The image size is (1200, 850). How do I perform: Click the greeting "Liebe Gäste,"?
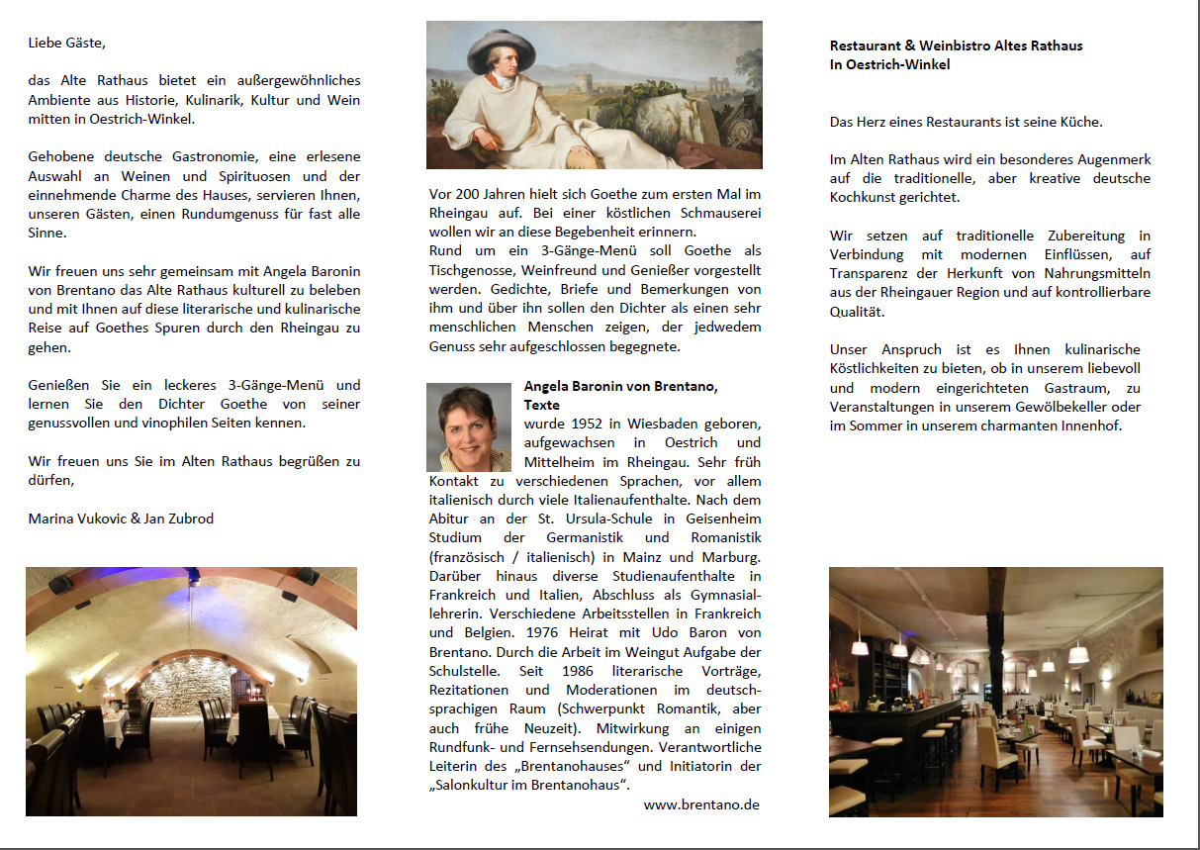(x=66, y=43)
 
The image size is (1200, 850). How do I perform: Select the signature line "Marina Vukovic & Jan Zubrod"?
(x=121, y=519)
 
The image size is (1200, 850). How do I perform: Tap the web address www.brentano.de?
(x=701, y=804)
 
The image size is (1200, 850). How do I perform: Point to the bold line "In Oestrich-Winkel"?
(x=889, y=64)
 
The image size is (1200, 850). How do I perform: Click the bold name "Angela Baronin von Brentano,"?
(x=620, y=386)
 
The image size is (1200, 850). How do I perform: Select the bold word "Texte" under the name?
(x=541, y=405)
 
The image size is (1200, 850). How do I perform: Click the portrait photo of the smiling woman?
(x=469, y=427)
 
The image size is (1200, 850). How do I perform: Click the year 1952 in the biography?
(x=582, y=424)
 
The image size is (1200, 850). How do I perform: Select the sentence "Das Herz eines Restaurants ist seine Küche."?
(x=966, y=123)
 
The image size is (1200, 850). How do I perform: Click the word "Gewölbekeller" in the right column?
(x=1096, y=407)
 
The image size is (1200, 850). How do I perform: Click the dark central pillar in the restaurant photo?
(x=996, y=633)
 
